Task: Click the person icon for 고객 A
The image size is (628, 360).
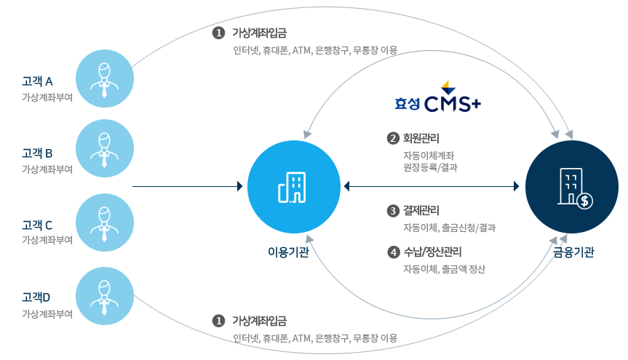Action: pos(105,79)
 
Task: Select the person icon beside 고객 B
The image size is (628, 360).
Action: pos(105,148)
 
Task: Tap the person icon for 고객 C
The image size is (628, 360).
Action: pos(105,222)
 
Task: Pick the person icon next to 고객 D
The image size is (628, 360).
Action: pos(105,296)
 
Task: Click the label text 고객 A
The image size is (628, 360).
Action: pos(37,81)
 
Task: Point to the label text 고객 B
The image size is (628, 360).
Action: pos(37,153)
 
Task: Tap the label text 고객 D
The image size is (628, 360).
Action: pos(36,297)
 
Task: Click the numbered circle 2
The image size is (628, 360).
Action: pos(393,138)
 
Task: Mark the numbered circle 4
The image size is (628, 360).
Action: pos(393,253)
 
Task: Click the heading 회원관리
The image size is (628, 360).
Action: pos(421,138)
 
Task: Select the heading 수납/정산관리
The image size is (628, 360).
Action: pos(432,253)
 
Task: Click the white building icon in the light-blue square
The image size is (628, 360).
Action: pos(293,187)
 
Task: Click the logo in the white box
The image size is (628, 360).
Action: pos(438,95)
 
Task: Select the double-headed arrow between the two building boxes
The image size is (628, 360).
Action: pos(432,187)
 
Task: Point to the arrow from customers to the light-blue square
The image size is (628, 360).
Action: pos(188,187)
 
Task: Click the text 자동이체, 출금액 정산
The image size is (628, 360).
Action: pos(444,269)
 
